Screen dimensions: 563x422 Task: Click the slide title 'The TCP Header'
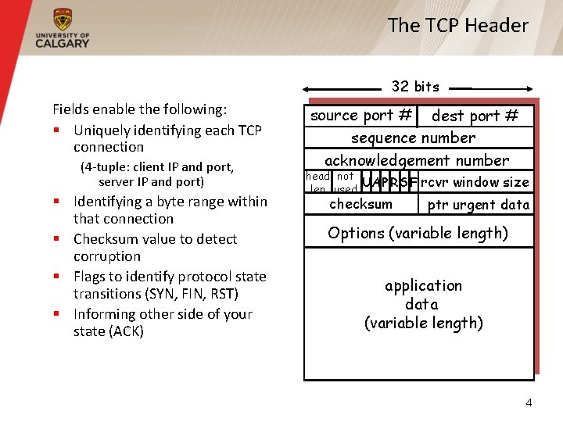[457, 25]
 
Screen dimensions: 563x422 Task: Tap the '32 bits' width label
[415, 86]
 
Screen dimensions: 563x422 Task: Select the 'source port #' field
[361, 116]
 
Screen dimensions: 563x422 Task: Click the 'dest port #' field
[475, 116]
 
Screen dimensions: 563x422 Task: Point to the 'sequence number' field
[413, 138]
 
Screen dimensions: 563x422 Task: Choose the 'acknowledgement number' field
[417, 160]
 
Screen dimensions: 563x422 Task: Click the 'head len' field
[317, 182]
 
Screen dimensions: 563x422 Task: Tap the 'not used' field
[345, 182]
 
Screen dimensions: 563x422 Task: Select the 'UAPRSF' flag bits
[388, 182]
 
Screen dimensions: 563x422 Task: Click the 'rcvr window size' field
[475, 182]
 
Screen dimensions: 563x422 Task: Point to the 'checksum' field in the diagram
[360, 204]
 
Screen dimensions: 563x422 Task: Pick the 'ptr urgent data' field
[478, 205]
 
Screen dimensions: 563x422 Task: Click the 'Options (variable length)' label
[418, 233]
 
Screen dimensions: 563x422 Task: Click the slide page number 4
[529, 402]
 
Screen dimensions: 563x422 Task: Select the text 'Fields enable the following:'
[139, 109]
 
